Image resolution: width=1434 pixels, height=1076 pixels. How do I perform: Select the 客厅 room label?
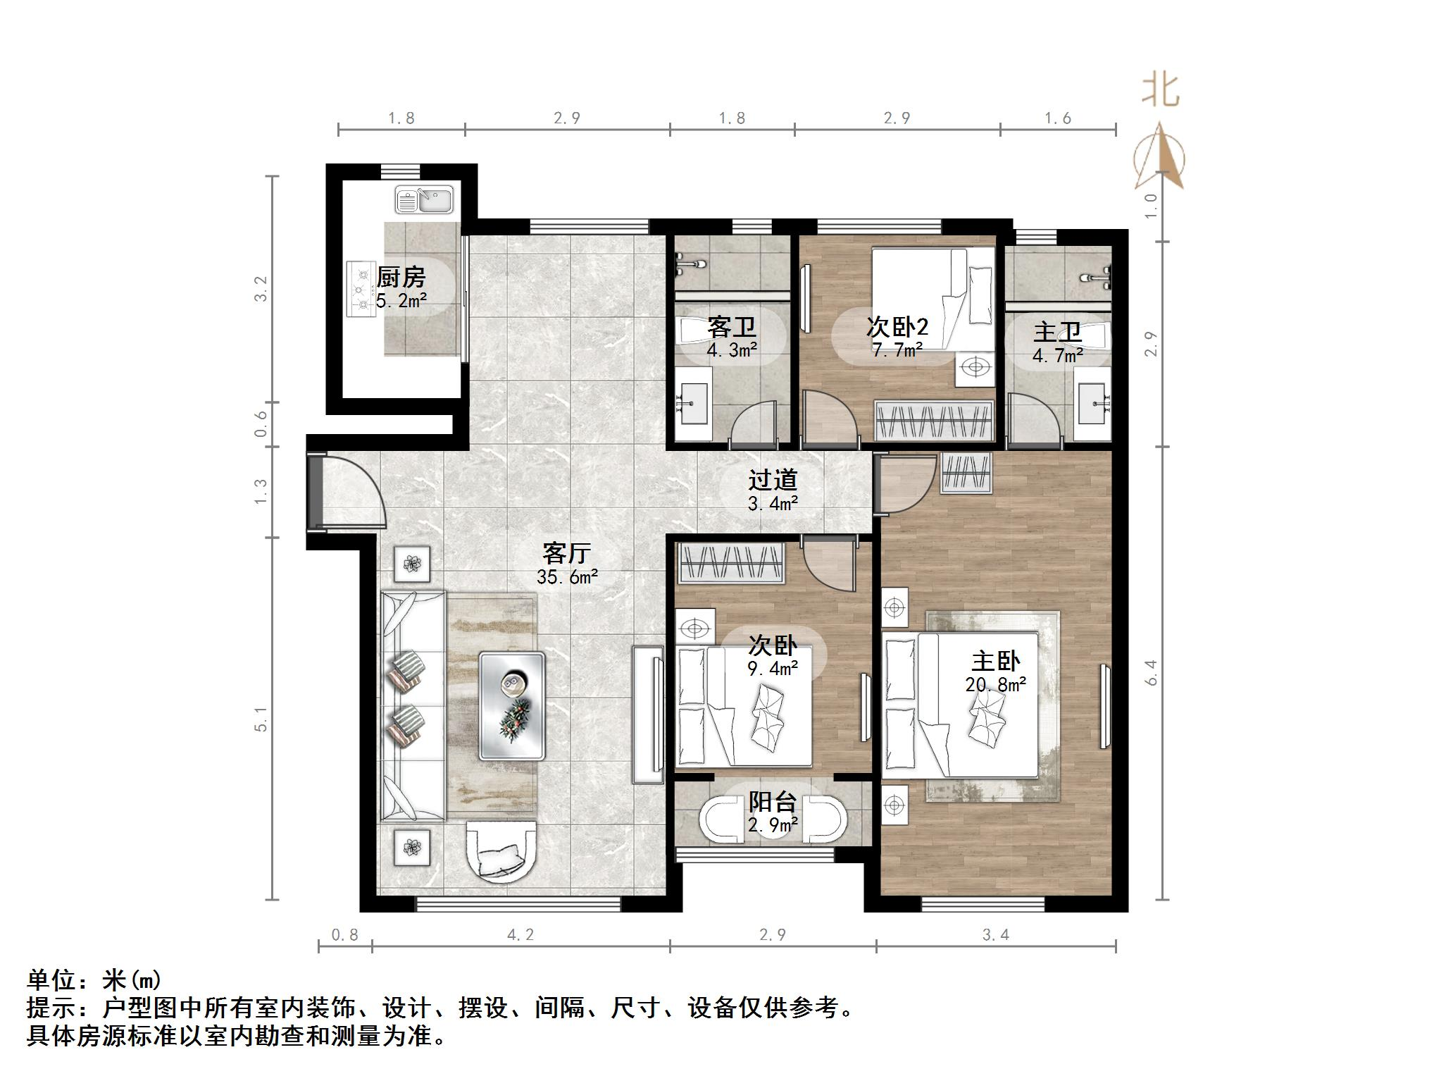pos(566,553)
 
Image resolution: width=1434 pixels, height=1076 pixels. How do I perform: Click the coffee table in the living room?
pos(512,705)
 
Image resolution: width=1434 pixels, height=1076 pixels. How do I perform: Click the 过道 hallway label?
pos(772,480)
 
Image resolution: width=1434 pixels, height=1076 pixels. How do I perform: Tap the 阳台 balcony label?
pos(772,802)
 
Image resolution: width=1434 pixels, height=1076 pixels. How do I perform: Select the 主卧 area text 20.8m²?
pos(995,684)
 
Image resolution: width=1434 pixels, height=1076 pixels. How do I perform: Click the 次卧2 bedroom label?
pos(897,327)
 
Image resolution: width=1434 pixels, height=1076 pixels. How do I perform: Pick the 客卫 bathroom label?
pos(731,327)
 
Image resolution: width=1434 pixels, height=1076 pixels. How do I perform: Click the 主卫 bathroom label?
pos(1056,333)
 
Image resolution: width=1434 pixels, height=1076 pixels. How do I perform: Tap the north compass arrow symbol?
pos(1159,156)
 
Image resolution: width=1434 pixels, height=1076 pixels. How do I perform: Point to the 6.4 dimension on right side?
pos(1152,672)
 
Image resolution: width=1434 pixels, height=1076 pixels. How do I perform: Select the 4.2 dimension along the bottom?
pos(520,934)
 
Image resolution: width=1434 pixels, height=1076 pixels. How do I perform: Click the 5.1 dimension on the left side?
pos(261,719)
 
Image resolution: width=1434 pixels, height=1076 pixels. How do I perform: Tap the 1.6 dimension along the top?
pos(1057,118)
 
